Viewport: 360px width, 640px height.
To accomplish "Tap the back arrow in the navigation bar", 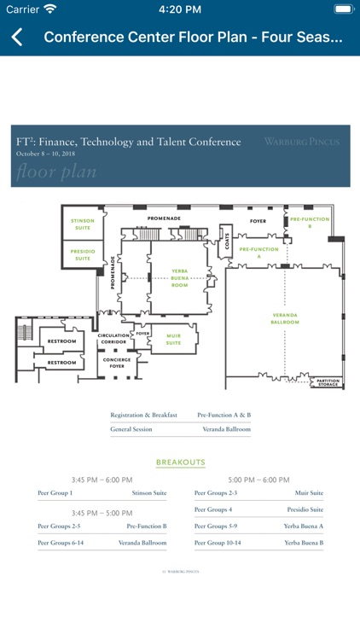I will pyautogui.click(x=17, y=38).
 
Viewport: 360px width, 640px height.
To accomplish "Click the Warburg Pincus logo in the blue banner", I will pyautogui.click(x=301, y=142).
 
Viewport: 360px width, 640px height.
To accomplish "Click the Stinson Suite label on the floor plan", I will pyautogui.click(x=82, y=224).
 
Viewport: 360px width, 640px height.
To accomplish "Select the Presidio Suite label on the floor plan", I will pyautogui.click(x=82, y=254).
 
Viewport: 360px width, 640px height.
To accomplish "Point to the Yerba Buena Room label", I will pyautogui.click(x=179, y=278).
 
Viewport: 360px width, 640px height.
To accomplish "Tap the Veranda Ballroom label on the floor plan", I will pyautogui.click(x=285, y=318).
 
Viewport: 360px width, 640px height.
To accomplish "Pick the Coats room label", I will pyautogui.click(x=227, y=243).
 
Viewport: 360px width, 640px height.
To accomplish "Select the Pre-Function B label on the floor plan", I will pyautogui.click(x=310, y=222).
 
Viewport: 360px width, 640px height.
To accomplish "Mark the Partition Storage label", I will pyautogui.click(x=328, y=382).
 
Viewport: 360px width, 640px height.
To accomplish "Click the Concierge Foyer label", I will pyautogui.click(x=116, y=363).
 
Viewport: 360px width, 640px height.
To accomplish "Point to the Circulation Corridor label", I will pyautogui.click(x=113, y=339).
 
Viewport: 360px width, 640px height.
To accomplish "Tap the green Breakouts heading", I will pyautogui.click(x=180, y=463).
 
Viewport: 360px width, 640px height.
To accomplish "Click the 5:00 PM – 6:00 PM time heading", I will pyautogui.click(x=258, y=480).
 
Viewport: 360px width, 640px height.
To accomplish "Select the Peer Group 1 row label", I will pyautogui.click(x=55, y=492).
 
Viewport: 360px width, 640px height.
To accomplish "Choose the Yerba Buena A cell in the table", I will pyautogui.click(x=303, y=526).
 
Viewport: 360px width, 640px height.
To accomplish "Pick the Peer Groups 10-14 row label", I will pyautogui.click(x=218, y=542).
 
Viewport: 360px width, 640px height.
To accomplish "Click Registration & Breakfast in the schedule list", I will pyautogui.click(x=143, y=415).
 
